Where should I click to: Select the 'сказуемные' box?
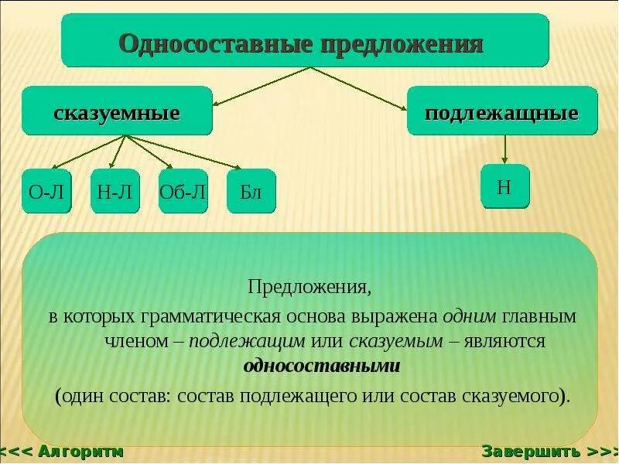tap(117, 113)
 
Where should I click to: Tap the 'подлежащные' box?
tap(502, 113)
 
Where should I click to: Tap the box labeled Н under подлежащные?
tap(504, 186)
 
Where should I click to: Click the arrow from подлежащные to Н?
tap(504, 149)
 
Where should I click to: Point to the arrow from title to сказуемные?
tap(262, 86)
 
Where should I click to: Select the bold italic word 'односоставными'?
tap(321, 366)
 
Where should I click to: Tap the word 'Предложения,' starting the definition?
tap(309, 288)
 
